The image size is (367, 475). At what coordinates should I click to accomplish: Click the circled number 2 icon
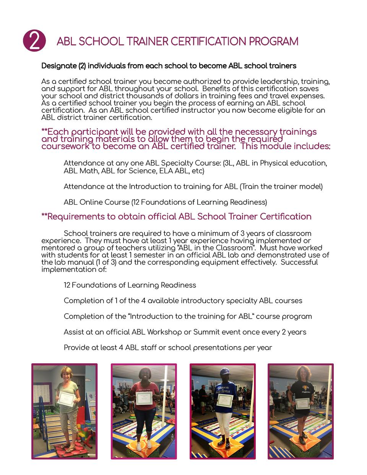coord(34,41)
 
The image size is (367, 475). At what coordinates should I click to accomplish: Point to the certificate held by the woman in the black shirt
coord(302,403)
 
